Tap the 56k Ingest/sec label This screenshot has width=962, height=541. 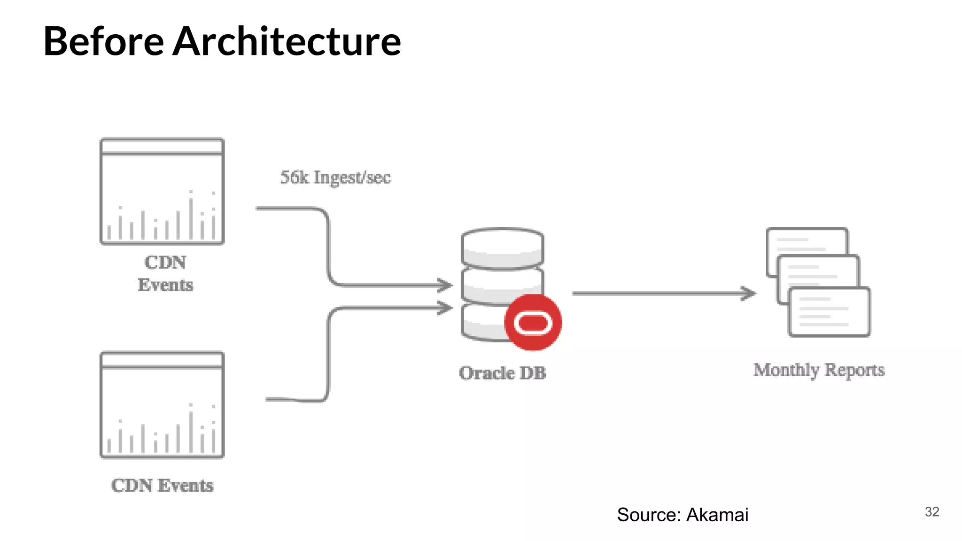pos(335,178)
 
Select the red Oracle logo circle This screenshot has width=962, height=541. pos(533,323)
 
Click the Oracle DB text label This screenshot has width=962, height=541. pos(502,373)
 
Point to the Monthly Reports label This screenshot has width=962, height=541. pos(819,370)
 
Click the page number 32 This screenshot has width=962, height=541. pos(931,511)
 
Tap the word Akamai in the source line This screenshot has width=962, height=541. pos(717,515)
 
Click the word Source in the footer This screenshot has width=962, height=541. pos(649,515)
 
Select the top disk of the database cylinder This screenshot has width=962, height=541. pos(502,247)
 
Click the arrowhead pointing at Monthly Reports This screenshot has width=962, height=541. pos(749,294)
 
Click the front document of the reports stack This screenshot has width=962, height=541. pos(829,312)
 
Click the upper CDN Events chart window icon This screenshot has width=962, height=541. pos(162,192)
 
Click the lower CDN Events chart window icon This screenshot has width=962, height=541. pos(162,405)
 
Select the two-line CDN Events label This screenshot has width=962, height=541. pos(165,273)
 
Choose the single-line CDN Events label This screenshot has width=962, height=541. pos(162,485)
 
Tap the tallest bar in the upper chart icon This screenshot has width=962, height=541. pos(191,217)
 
